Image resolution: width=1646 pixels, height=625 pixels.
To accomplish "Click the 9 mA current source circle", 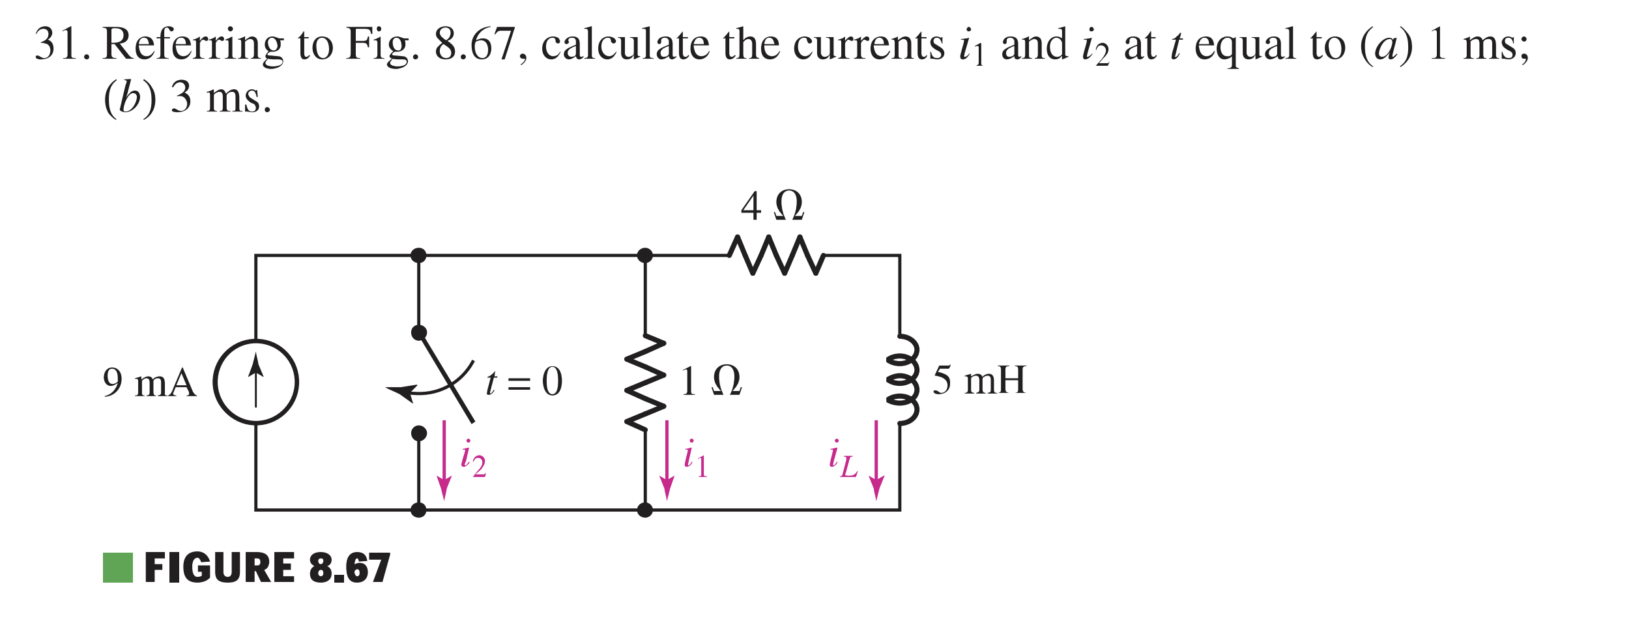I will [256, 382].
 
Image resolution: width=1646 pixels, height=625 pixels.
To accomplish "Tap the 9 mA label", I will [149, 383].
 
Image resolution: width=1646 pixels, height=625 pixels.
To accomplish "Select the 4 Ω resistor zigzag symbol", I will [776, 255].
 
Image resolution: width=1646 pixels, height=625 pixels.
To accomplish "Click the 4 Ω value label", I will [772, 206].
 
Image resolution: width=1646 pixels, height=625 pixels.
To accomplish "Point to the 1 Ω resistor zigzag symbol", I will [645, 383].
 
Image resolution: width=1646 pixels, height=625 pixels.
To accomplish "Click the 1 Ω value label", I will [710, 381].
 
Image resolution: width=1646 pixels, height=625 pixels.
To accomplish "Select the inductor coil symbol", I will [902, 380].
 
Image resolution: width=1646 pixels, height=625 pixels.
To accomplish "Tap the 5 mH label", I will [979, 380].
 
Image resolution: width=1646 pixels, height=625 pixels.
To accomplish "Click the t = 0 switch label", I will [524, 382].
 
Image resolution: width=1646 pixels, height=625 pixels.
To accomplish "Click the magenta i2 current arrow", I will [444, 459].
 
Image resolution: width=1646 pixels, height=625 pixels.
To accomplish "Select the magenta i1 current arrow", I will [667, 459].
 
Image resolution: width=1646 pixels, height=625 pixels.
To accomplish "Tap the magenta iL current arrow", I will [876, 459].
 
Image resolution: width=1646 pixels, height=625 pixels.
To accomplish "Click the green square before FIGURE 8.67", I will [118, 568].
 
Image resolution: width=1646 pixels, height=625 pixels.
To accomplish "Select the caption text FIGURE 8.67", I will [267, 568].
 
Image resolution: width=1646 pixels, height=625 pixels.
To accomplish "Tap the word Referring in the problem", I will [194, 44].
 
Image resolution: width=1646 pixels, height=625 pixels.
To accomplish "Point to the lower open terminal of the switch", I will [419, 433].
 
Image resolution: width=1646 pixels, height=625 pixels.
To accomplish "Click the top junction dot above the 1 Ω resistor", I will [645, 255].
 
